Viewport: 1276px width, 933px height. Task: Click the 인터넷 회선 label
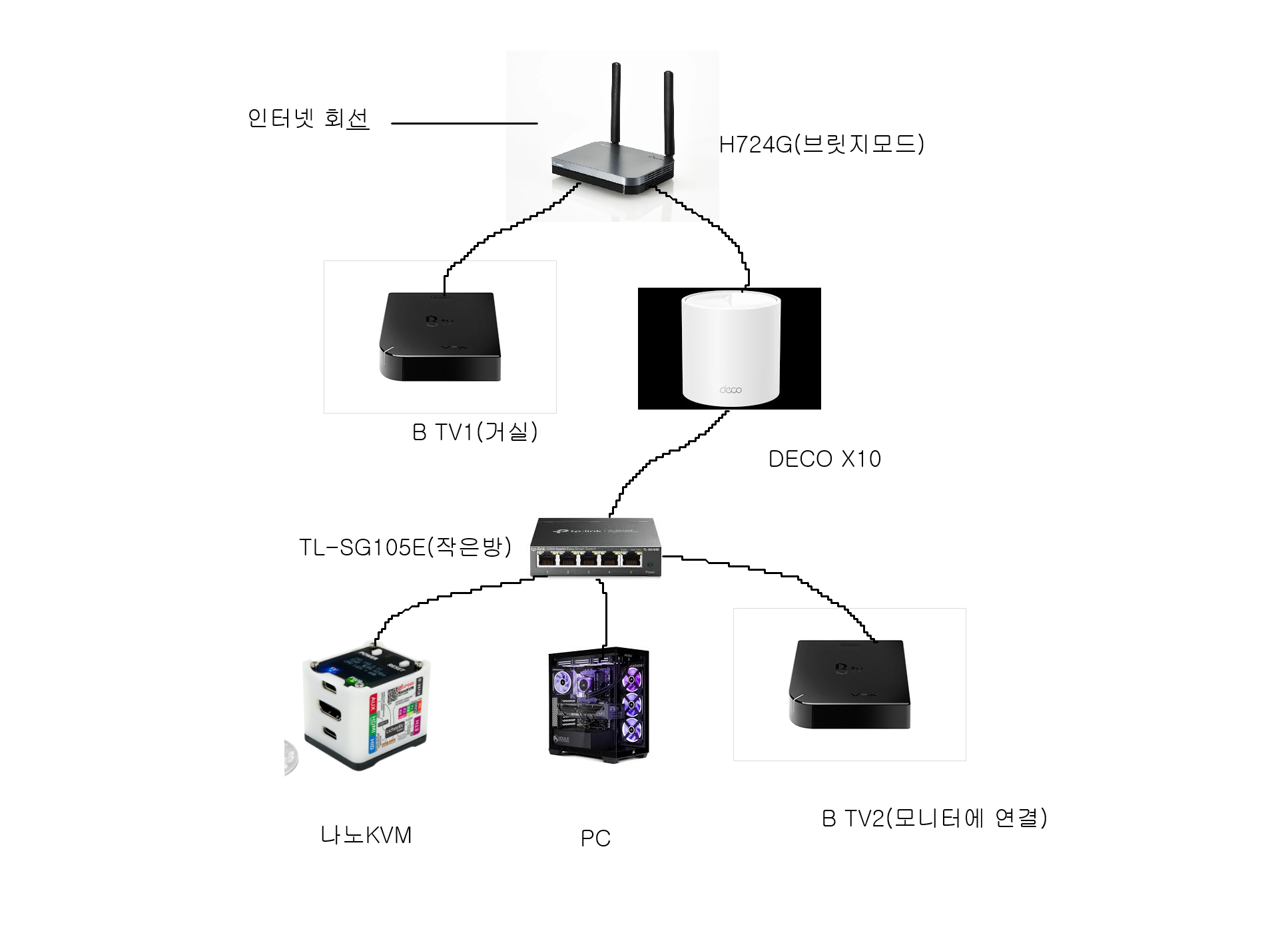pyautogui.click(x=308, y=119)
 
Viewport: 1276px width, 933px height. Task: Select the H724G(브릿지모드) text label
pyautogui.click(x=821, y=144)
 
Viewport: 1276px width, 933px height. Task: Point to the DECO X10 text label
pyautogui.click(x=824, y=459)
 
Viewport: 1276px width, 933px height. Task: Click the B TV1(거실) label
pyautogui.click(x=474, y=432)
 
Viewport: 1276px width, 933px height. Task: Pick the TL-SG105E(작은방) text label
pyautogui.click(x=405, y=547)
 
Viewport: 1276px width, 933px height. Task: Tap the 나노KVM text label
pyautogui.click(x=366, y=835)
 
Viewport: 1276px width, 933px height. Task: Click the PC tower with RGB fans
pyautogui.click(x=599, y=704)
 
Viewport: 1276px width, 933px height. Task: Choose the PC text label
pyautogui.click(x=595, y=838)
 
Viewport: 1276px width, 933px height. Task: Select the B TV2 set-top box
pyautogui.click(x=849, y=684)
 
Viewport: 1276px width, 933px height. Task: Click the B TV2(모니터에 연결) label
pyautogui.click(x=934, y=818)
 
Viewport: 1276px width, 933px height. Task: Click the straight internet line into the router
pyautogui.click(x=464, y=123)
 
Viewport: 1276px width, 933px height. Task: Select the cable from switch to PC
pyautogui.click(x=606, y=616)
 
